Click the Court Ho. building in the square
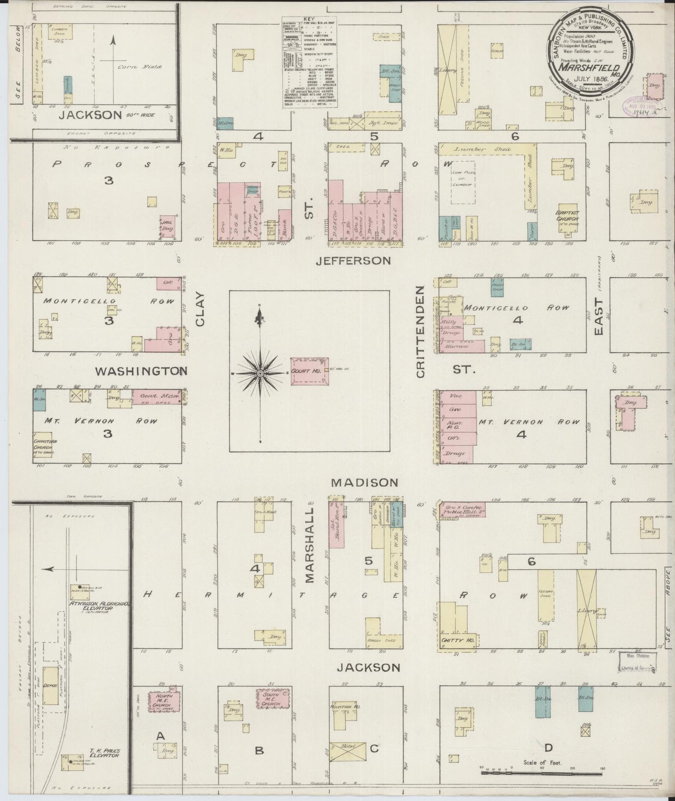309,372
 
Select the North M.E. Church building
161,701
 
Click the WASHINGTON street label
141,371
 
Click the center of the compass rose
260,373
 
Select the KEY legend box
310,63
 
